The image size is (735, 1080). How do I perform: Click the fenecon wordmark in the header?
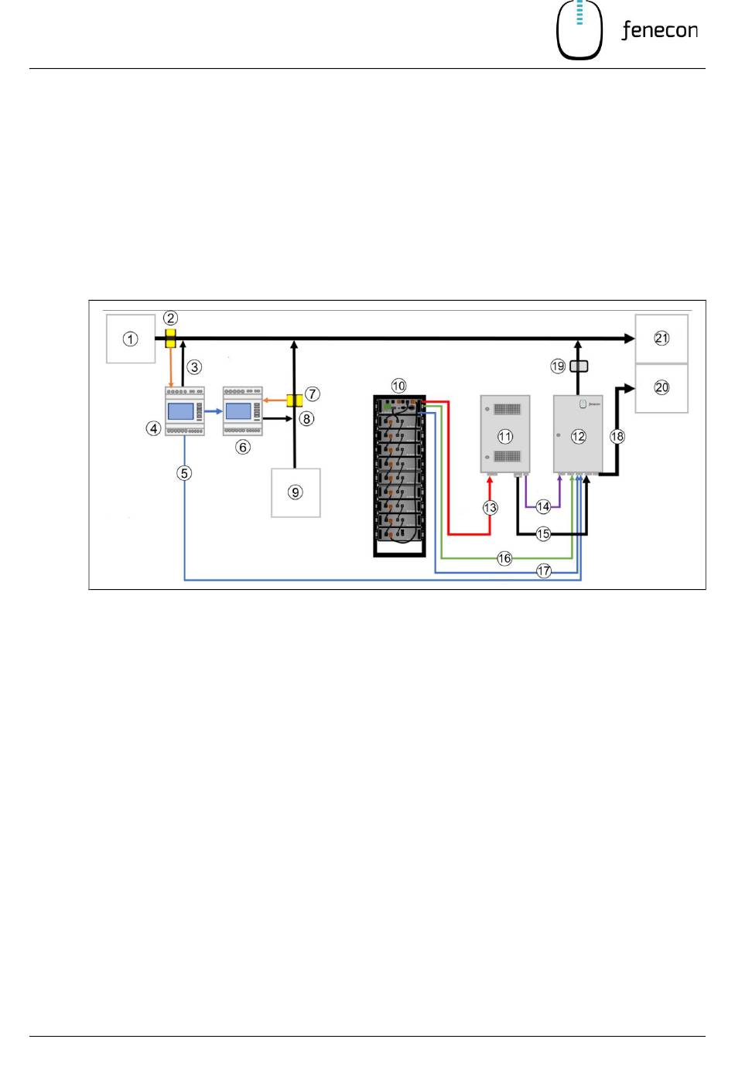click(659, 30)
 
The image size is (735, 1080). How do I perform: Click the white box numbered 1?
click(131, 339)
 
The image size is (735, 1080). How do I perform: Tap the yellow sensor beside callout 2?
click(170, 338)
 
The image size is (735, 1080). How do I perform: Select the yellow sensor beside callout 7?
click(294, 400)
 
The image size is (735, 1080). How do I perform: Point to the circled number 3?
click(194, 367)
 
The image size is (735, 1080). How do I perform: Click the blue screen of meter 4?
click(180, 412)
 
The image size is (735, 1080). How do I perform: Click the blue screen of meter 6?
click(238, 411)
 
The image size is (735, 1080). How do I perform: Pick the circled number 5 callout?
click(184, 473)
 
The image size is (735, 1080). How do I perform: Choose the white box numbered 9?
click(296, 492)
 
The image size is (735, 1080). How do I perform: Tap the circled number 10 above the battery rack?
click(398, 386)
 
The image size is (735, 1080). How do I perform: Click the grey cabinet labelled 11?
click(505, 434)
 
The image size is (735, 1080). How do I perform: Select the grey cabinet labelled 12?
click(578, 434)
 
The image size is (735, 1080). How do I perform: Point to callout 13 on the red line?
click(491, 508)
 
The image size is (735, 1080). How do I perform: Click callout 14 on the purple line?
click(543, 506)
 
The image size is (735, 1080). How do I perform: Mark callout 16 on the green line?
click(504, 559)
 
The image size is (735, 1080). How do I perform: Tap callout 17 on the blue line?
click(544, 571)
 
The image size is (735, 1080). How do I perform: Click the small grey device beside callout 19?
click(579, 366)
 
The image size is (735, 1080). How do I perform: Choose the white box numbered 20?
click(661, 388)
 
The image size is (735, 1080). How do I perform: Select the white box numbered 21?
click(661, 339)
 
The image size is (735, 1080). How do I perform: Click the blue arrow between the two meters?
click(214, 411)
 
